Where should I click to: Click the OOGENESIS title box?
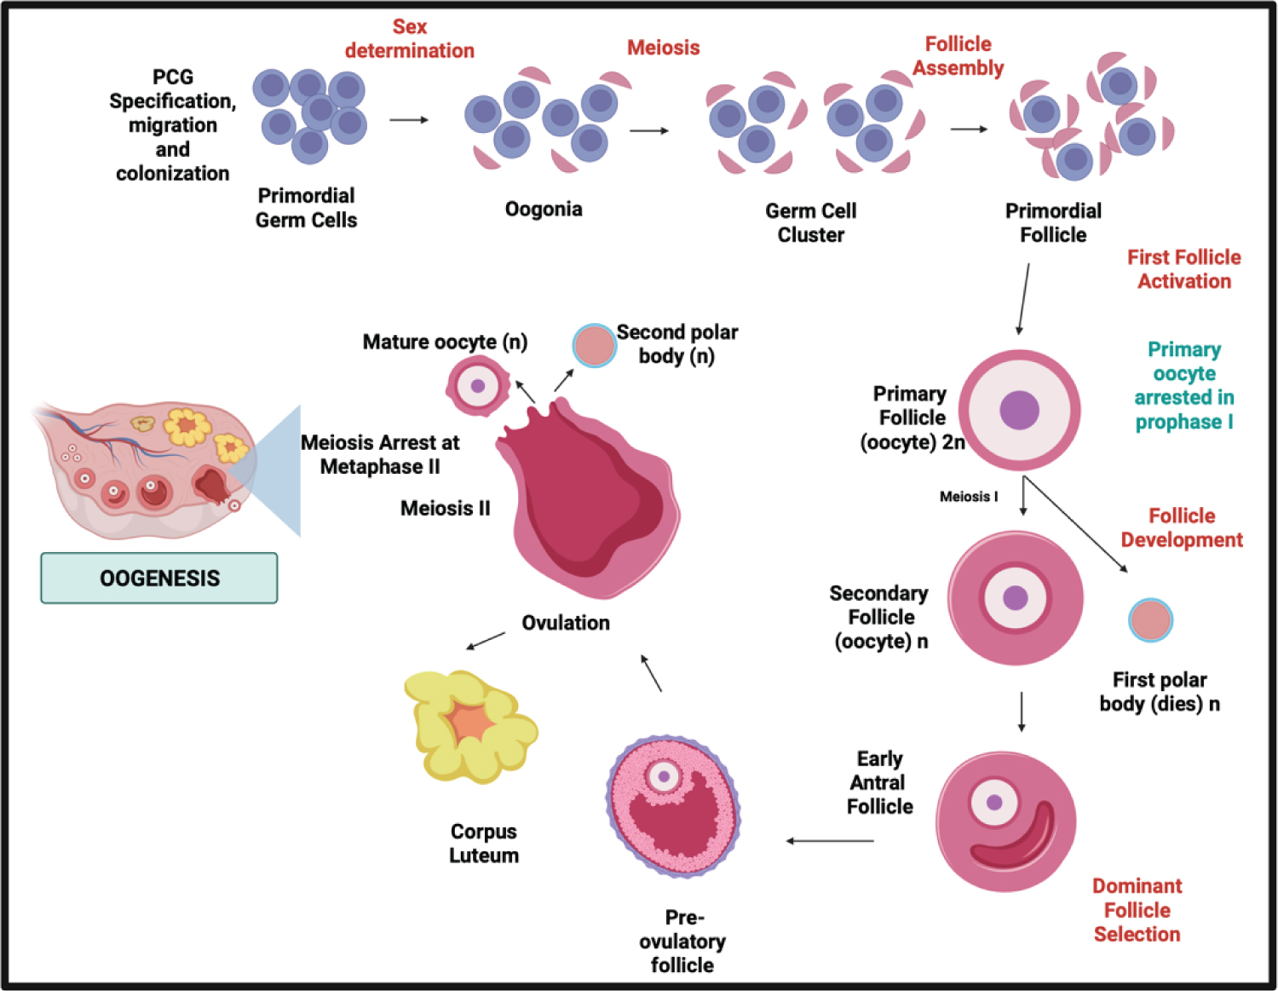(x=159, y=578)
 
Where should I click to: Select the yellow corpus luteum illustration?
(x=469, y=725)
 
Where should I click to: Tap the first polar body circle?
(x=1150, y=620)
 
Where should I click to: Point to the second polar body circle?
(x=594, y=345)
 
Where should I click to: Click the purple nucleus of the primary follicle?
(x=1019, y=410)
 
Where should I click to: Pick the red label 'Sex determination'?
(x=409, y=39)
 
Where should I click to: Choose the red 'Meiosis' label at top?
(x=663, y=48)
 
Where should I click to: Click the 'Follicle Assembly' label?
(x=958, y=56)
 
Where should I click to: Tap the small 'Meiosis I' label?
(x=968, y=497)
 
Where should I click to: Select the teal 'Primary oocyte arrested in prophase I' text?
(x=1183, y=386)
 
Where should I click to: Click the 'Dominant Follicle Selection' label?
(x=1137, y=910)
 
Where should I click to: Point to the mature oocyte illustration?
(x=477, y=386)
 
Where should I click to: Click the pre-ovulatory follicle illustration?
(x=673, y=806)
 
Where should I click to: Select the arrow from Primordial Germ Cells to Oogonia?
(x=409, y=120)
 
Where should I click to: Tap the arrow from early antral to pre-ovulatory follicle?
(x=829, y=841)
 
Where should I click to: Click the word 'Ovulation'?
(x=566, y=623)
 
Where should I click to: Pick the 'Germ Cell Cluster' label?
(x=810, y=222)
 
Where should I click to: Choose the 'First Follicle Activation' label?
(x=1183, y=269)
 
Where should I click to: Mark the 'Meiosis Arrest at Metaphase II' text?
(x=380, y=454)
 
